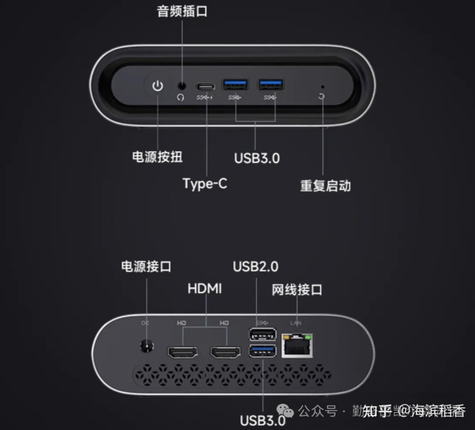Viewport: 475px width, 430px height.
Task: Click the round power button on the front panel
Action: [x=157, y=86]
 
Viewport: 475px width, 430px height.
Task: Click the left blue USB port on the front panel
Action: [x=235, y=84]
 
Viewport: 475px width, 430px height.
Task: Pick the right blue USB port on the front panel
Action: [x=270, y=84]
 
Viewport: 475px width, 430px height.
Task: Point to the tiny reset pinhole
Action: [x=322, y=87]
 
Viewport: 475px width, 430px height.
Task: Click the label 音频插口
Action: [x=182, y=11]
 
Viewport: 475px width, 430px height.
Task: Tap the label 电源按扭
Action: [x=157, y=157]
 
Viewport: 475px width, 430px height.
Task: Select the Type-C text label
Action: [x=205, y=183]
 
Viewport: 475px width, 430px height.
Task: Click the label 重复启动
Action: [x=325, y=186]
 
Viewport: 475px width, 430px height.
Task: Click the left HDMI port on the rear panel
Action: [x=182, y=352]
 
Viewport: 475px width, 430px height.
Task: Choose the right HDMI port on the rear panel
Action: [x=225, y=352]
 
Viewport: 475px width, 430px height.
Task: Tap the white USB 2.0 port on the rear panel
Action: [x=263, y=335]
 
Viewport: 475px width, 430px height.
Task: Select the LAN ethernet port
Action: [x=297, y=346]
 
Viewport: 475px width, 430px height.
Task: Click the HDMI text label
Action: [x=205, y=289]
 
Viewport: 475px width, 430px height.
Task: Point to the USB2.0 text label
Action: [x=256, y=266]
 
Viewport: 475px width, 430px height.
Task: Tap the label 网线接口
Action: [x=297, y=290]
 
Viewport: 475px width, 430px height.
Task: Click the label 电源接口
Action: [x=146, y=266]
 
